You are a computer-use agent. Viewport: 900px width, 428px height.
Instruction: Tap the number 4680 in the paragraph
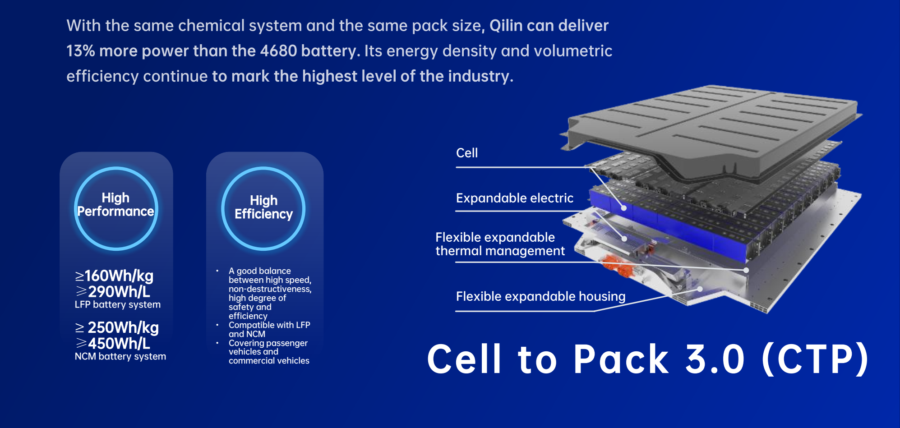point(278,51)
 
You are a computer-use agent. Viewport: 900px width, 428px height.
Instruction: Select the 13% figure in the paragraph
point(80,51)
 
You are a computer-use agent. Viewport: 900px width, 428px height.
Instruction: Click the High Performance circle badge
point(116,208)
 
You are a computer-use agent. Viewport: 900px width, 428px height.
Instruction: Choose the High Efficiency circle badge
point(263,208)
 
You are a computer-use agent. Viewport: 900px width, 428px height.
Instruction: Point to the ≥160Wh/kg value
point(114,276)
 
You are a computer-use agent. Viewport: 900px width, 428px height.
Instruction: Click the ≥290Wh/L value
point(113,292)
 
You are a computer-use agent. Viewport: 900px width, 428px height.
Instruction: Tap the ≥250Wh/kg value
point(117,327)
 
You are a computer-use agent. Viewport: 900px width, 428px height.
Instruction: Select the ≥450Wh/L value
point(113,344)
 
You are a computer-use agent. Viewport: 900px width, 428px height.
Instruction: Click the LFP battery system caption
point(118,305)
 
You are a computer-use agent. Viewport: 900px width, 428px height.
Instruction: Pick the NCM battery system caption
point(120,357)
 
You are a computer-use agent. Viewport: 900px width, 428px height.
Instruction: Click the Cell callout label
point(467,153)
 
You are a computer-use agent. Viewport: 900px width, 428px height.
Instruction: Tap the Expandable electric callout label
point(515,198)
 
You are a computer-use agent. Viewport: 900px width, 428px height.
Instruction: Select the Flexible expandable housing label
point(540,297)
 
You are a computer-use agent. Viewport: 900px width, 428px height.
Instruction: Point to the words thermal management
point(500,251)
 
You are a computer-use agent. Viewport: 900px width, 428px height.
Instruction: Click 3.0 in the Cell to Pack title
point(715,359)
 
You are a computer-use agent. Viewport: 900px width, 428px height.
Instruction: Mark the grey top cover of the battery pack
point(713,126)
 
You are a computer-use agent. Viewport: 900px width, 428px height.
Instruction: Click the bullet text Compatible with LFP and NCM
point(269,330)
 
